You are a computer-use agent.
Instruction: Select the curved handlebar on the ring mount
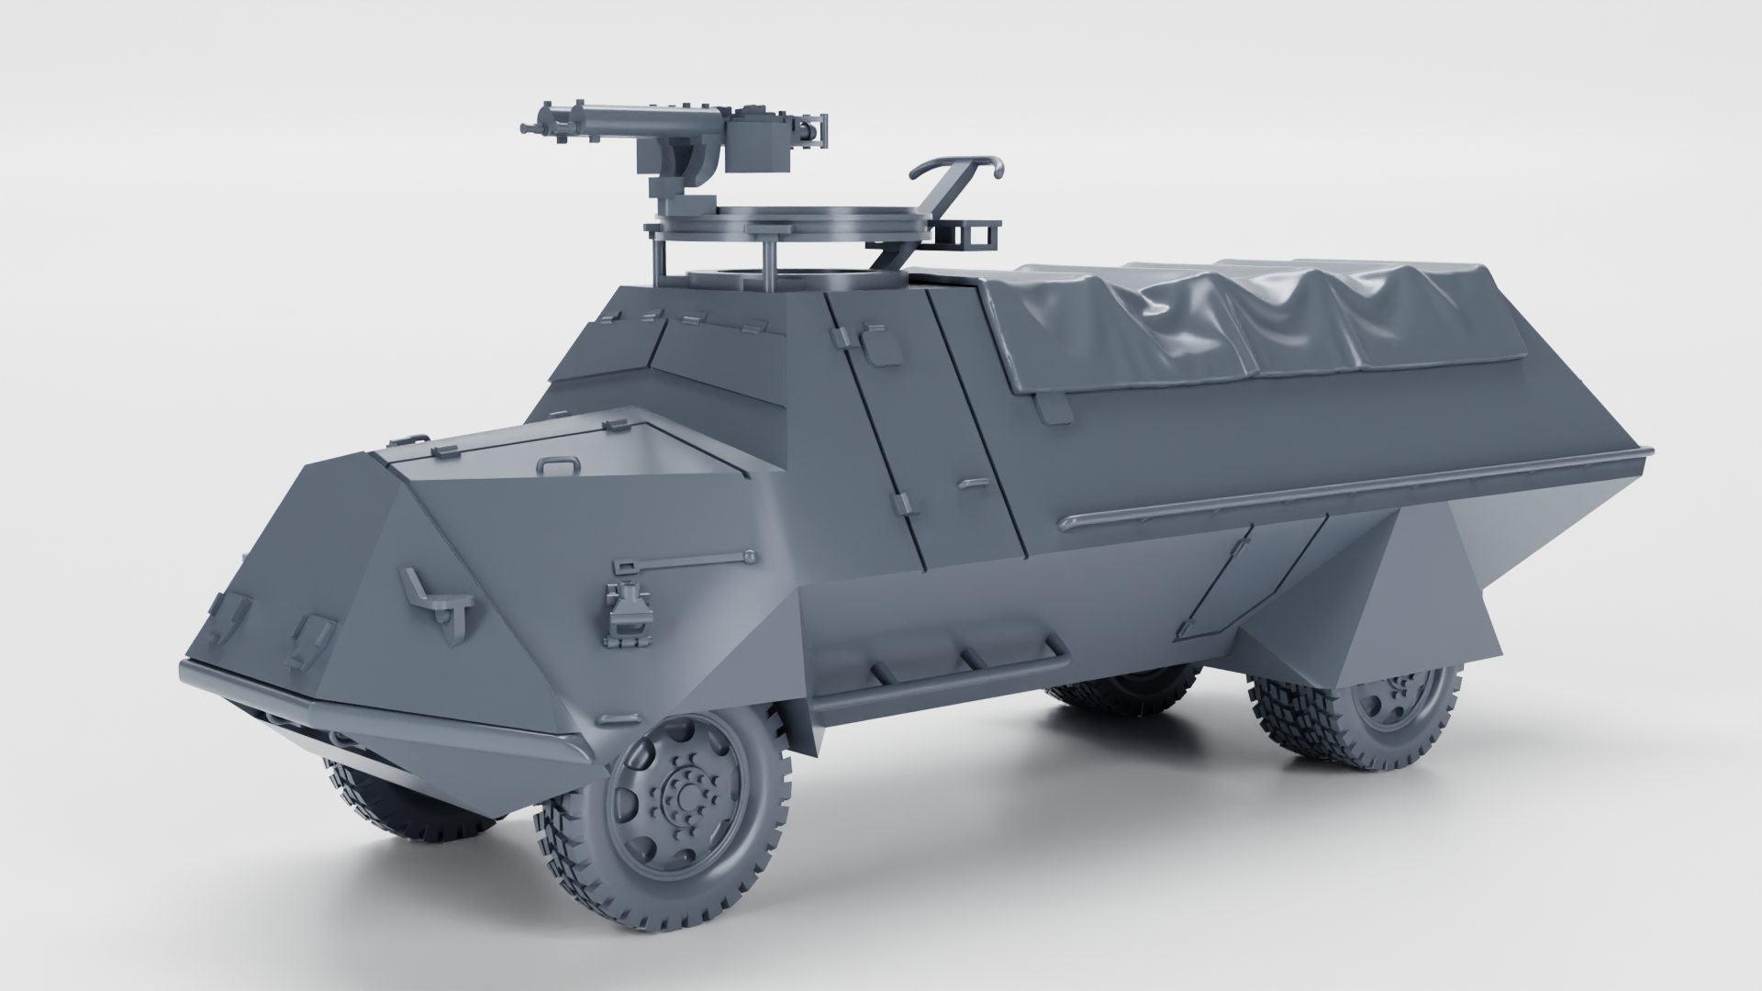click(x=956, y=168)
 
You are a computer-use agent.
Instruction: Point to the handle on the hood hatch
click(x=559, y=464)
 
